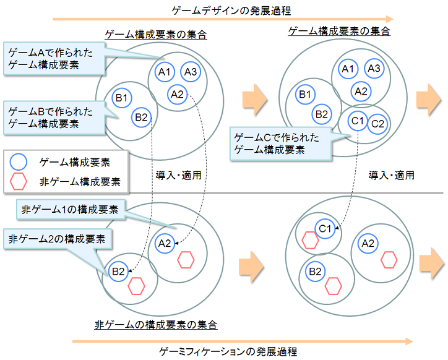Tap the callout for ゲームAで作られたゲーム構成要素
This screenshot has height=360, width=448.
pos(53,59)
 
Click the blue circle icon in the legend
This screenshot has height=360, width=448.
pos(19,162)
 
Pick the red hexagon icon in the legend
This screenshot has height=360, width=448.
pos(19,181)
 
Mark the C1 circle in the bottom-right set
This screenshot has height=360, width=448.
pos(325,229)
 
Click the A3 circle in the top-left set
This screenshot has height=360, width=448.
pos(191,72)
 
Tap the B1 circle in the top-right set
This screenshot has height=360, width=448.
pos(305,94)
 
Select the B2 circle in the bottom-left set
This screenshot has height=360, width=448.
pos(119,271)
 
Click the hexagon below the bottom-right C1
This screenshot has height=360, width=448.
pos(310,242)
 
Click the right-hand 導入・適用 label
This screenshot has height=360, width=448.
pos(391,175)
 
